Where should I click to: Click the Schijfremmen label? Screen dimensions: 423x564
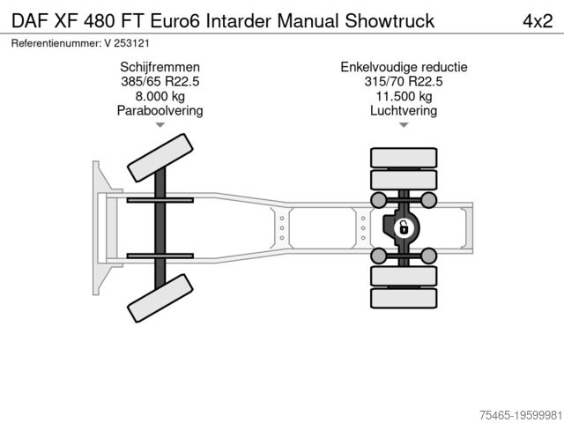(160, 68)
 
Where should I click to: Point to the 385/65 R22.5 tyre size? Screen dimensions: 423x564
(160, 82)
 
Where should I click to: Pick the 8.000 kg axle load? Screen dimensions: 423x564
(160, 97)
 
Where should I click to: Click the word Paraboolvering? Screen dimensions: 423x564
(160, 111)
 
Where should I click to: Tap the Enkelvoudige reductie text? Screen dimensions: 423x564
(404, 68)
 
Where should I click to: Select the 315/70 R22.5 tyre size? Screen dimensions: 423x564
(404, 82)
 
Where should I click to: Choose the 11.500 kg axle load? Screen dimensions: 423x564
(404, 97)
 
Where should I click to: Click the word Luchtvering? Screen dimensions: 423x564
(404, 111)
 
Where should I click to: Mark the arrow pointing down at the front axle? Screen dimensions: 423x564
(160, 126)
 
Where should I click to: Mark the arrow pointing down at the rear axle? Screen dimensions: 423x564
(404, 126)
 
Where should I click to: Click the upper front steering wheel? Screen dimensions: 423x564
(160, 159)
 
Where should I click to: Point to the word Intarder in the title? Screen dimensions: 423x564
(248, 20)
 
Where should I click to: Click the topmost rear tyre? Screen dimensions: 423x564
(404, 158)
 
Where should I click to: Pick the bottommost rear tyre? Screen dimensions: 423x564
(404, 299)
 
